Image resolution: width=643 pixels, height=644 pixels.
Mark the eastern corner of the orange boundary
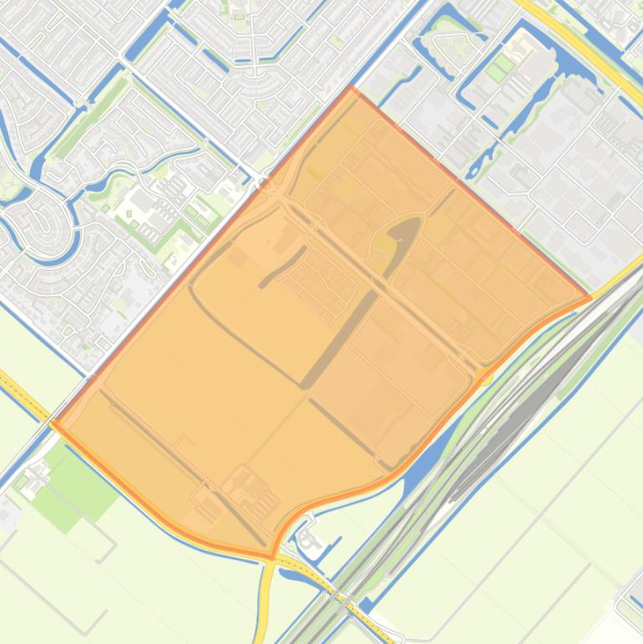589,296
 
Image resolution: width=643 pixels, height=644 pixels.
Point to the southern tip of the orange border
273,556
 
